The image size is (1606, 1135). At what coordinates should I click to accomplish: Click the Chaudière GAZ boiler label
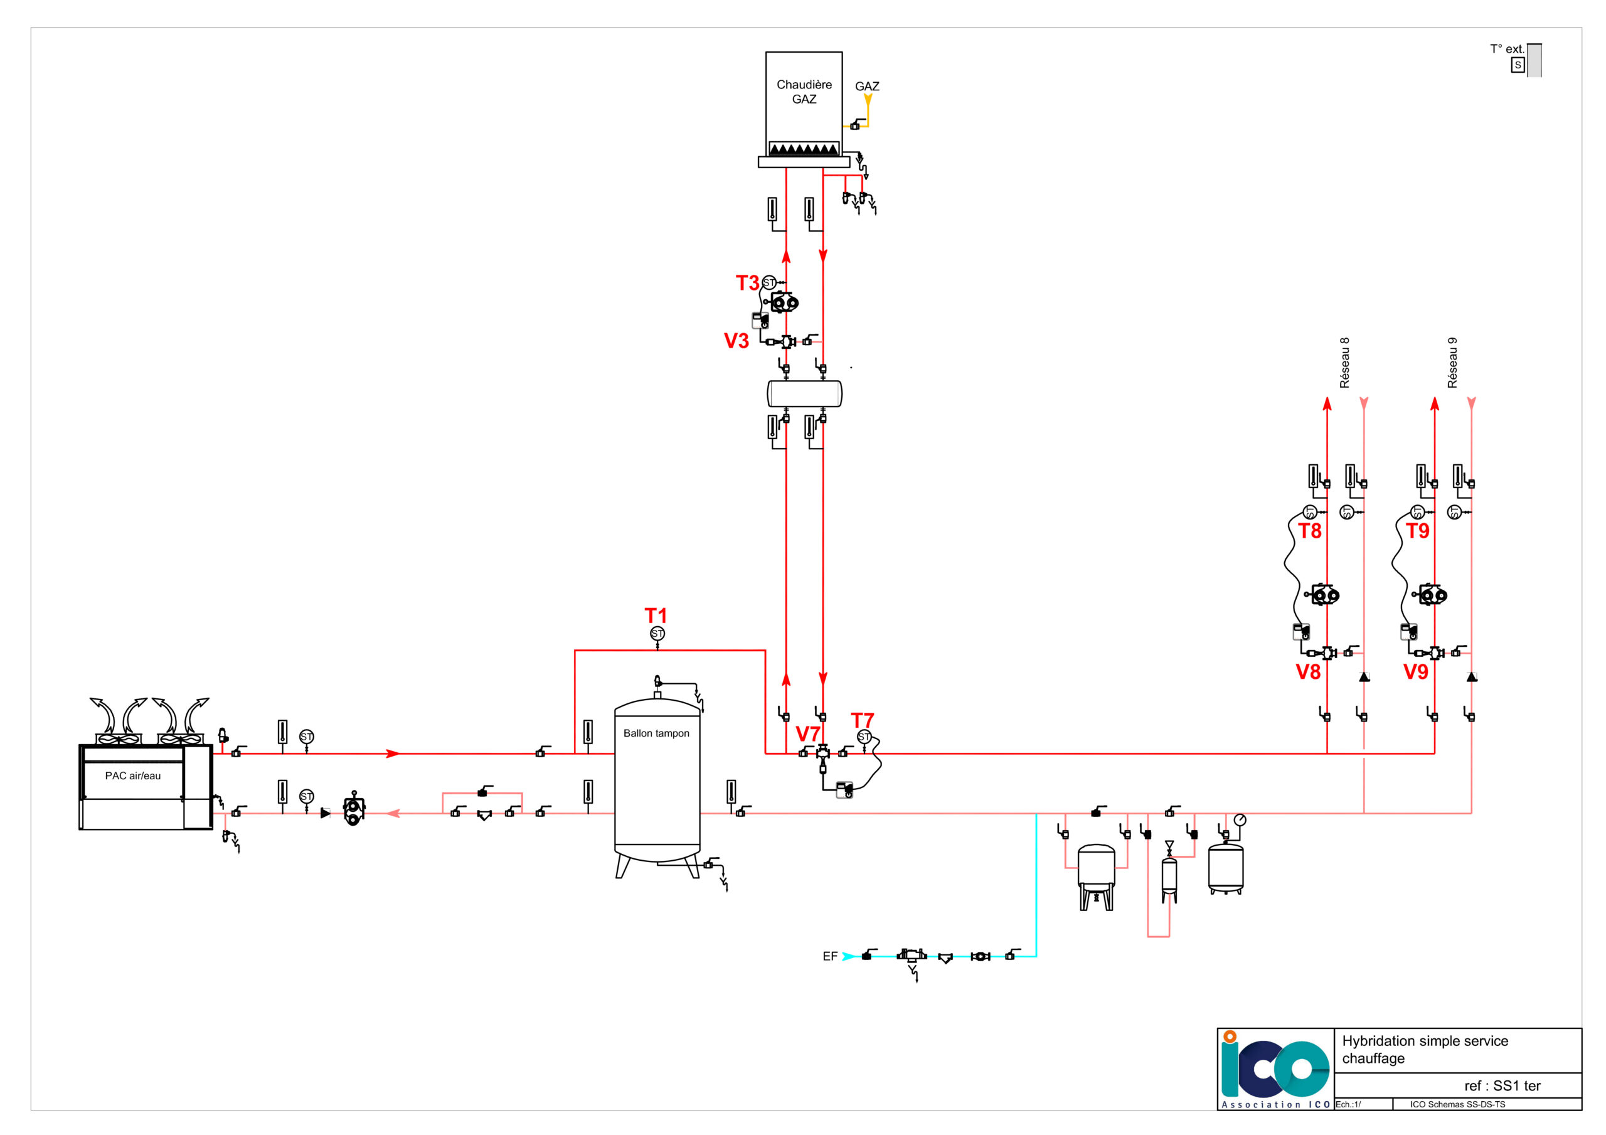[804, 92]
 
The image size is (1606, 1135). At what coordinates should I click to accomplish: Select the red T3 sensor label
[747, 283]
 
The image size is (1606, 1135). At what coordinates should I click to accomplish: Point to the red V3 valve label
[737, 341]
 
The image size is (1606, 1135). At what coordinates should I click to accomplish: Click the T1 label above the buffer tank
[656, 615]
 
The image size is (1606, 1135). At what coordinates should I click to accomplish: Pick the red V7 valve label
[807, 734]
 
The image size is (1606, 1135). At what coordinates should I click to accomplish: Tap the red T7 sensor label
[862, 720]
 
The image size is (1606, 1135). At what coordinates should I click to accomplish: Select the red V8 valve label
[1308, 672]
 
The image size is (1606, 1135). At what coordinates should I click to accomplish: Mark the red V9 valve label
[1416, 672]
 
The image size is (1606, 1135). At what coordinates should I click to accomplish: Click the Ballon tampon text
[656, 733]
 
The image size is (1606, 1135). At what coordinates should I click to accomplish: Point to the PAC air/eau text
[133, 775]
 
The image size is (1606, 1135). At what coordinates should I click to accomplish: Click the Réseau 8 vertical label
[1344, 363]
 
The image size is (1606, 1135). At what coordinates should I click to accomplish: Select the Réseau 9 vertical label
[1452, 363]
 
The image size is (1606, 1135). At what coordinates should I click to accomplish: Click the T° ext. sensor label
[1507, 49]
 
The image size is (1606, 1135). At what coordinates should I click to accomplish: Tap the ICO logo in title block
[1274, 1068]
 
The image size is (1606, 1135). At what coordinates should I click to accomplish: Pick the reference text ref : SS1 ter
[1502, 1085]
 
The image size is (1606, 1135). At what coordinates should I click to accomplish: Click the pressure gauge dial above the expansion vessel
[1240, 819]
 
